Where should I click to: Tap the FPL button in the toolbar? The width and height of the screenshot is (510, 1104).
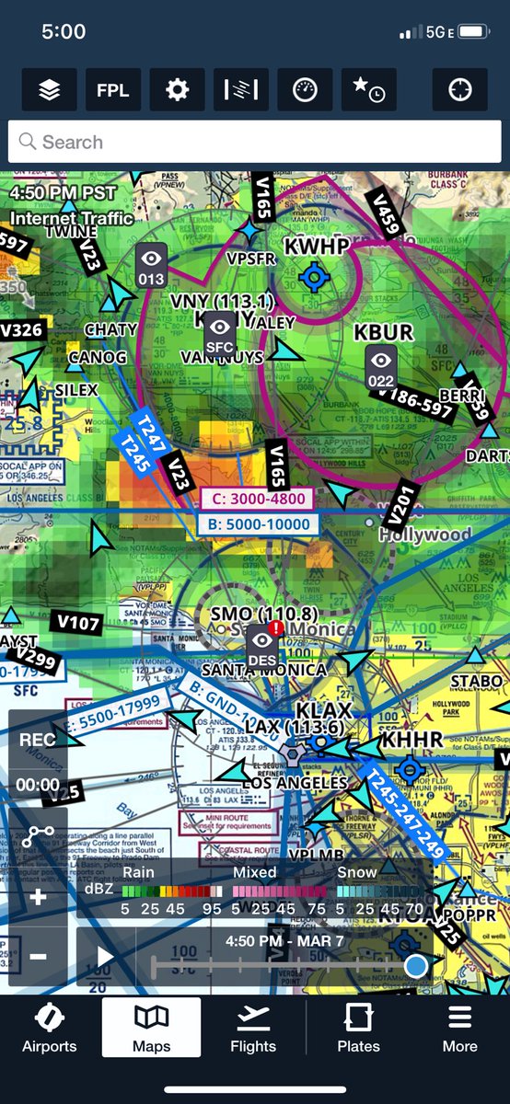(113, 90)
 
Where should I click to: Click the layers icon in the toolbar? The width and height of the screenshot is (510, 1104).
(50, 90)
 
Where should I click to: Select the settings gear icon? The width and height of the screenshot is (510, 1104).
(177, 90)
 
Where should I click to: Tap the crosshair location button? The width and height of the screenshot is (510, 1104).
(459, 90)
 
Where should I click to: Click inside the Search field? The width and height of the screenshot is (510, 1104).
(255, 143)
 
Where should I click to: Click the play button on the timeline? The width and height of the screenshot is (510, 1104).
(105, 957)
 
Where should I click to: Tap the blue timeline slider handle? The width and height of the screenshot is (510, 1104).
(416, 965)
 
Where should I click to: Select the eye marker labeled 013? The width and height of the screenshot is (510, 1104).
(151, 265)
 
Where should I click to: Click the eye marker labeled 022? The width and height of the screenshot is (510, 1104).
(381, 367)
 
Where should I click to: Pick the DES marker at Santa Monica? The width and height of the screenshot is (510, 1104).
(263, 646)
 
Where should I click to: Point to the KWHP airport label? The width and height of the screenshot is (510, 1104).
(317, 247)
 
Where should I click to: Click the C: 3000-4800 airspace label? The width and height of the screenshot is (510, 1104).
(257, 500)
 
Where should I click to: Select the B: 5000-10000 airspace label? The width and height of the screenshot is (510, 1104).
(259, 525)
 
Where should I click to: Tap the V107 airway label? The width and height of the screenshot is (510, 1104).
(77, 623)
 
